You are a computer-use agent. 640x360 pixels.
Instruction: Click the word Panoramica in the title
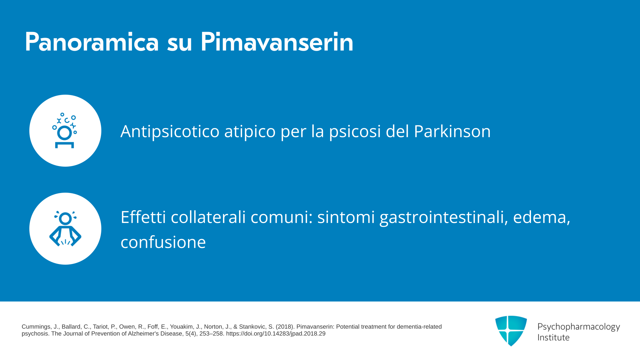[92, 42]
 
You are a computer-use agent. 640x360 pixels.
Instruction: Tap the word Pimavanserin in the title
[277, 42]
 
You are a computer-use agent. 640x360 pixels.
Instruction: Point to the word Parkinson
[452, 131]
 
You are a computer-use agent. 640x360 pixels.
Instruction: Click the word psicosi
[355, 131]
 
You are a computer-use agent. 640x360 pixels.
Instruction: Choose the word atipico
[250, 131]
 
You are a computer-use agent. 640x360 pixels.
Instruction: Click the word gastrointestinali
[444, 218]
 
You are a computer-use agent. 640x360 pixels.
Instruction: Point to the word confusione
[163, 242]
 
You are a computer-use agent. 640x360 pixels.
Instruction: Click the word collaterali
[208, 217]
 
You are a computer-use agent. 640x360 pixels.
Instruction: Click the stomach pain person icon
[65, 229]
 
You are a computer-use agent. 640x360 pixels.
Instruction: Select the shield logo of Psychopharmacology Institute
[511, 331]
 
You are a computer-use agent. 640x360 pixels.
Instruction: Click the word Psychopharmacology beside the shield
[579, 327]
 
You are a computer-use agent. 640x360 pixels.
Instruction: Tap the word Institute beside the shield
[553, 337]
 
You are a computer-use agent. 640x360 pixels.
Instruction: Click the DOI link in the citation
[276, 334]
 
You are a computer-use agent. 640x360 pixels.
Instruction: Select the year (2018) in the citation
[284, 327]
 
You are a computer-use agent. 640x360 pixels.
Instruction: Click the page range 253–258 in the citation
[211, 334]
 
